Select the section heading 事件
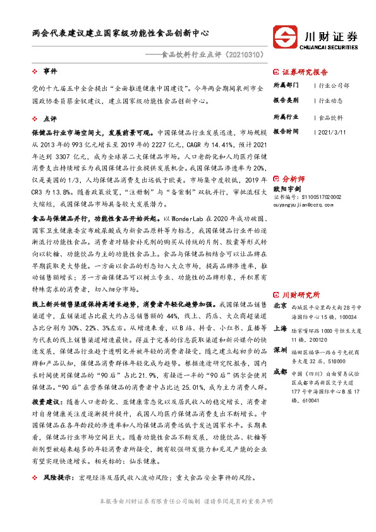point(50,71)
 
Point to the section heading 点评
point(50,118)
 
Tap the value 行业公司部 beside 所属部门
point(334,85)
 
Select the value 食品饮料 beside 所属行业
point(331,118)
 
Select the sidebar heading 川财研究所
point(300,295)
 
